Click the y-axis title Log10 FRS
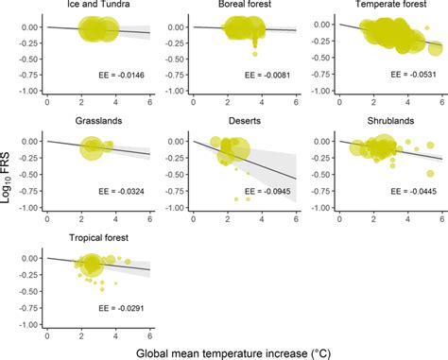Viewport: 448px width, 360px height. click(9, 176)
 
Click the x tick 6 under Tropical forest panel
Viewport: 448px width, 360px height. click(150, 334)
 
